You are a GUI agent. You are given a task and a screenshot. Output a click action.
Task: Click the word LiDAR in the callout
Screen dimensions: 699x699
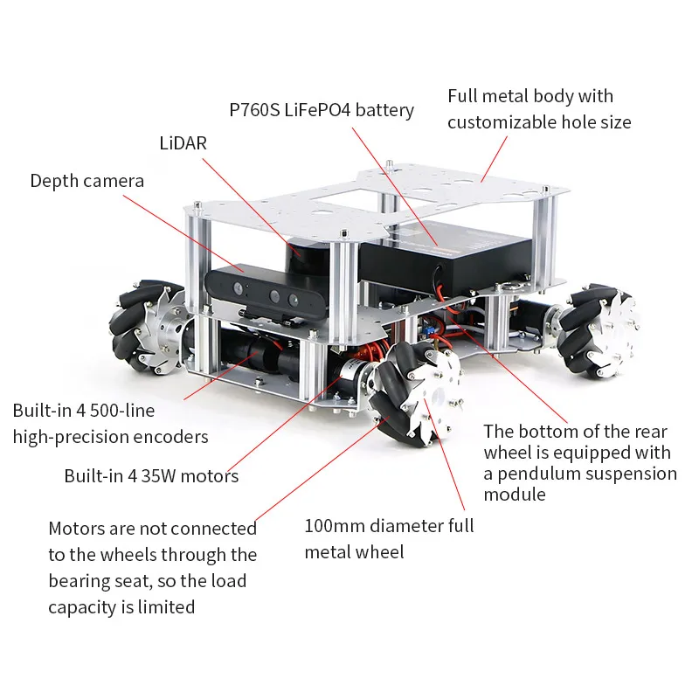183,143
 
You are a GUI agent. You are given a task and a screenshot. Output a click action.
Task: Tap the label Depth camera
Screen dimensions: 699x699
87,181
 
